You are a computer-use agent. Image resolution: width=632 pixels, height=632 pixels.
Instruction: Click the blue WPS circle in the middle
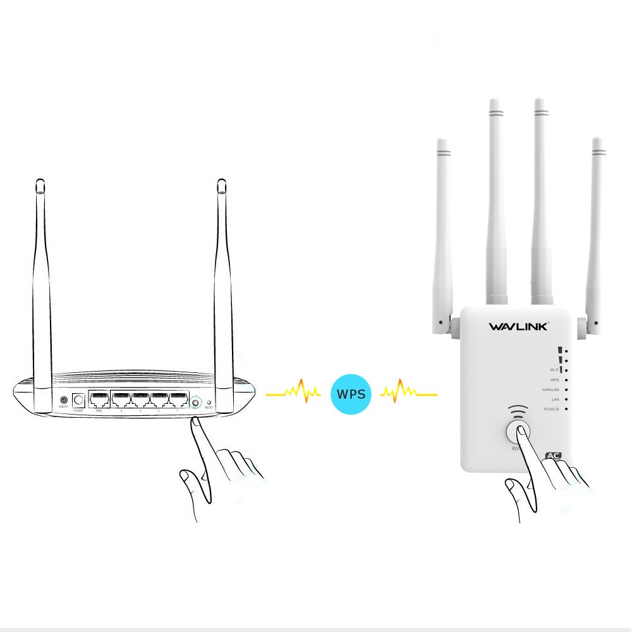[x=351, y=394]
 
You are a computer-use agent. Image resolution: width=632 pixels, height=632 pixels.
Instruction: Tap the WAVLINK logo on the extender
[x=519, y=327]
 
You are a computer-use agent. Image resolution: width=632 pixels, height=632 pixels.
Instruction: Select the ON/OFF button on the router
[x=63, y=401]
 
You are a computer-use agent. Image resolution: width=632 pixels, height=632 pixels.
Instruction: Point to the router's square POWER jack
[x=79, y=400]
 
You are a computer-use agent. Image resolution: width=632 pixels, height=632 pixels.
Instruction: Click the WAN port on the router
[x=99, y=399]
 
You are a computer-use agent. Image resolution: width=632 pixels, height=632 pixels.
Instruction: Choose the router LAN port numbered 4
[x=121, y=399]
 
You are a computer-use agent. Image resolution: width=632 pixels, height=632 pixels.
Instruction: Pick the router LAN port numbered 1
[x=178, y=399]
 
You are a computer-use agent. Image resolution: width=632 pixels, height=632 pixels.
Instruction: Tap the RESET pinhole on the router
[x=209, y=402]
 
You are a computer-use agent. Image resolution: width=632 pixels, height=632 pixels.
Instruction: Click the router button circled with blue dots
[x=195, y=402]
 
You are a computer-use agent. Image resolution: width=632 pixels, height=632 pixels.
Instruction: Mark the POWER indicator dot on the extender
[x=566, y=410]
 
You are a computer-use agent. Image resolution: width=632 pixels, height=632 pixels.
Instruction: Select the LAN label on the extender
[x=555, y=399]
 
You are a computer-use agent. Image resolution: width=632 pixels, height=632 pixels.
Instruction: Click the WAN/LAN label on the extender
[x=550, y=390]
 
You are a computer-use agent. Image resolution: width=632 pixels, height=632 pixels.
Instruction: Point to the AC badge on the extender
[x=554, y=455]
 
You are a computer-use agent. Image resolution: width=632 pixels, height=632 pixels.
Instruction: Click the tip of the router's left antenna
[x=40, y=183]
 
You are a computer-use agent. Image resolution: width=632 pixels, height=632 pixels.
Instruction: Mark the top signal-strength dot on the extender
[x=566, y=349]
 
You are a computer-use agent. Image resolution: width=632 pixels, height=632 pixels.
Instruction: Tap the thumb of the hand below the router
[x=186, y=477]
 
